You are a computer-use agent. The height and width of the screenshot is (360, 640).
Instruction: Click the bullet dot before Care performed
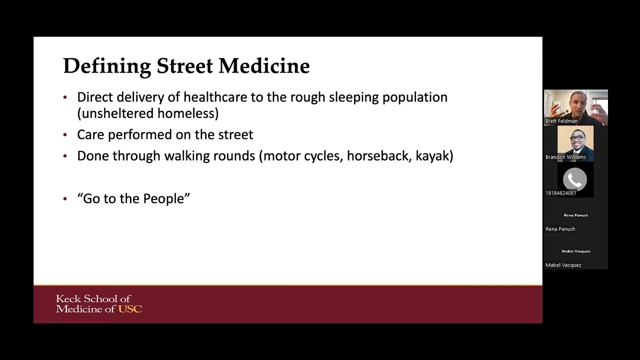(65, 135)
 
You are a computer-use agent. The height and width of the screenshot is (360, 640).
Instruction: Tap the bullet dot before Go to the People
(65, 199)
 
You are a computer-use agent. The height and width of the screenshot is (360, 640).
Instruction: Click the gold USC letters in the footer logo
(130, 309)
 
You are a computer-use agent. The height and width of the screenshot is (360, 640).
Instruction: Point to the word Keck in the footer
(68, 299)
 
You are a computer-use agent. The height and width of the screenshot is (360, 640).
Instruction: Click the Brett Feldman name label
(561, 121)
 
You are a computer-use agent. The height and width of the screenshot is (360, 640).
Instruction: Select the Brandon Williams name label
(565, 157)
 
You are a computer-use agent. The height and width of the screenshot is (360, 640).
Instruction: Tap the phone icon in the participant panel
(575, 179)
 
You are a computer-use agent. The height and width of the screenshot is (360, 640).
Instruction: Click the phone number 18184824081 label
(561, 193)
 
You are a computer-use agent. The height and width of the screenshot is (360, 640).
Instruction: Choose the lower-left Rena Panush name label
(560, 229)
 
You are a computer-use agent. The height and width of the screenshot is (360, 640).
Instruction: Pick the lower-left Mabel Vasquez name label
(563, 265)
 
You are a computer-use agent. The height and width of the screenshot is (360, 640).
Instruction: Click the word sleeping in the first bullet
(354, 97)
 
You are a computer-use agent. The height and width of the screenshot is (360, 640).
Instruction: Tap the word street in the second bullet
(235, 135)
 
